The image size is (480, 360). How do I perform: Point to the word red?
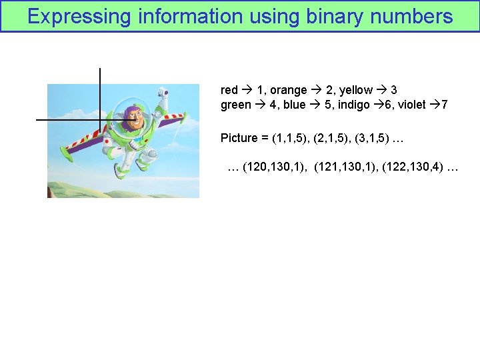tap(229, 90)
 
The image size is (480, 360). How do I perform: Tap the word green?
tap(236, 105)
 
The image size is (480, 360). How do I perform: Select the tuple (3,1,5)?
tap(371, 138)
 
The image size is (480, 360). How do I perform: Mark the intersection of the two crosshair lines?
tap(99, 120)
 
